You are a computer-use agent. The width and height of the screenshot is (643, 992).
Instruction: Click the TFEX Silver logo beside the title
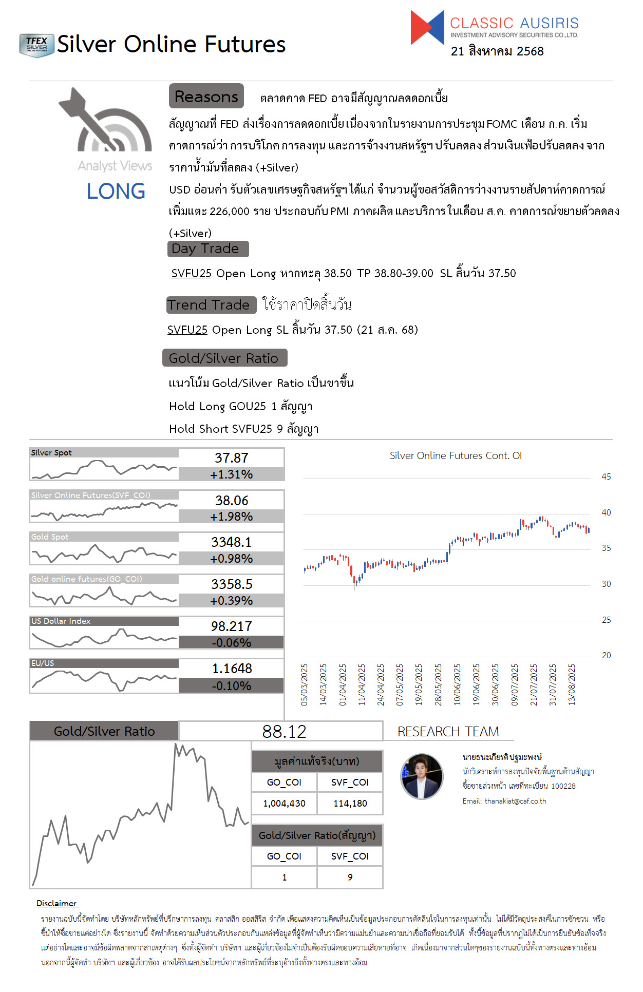36,45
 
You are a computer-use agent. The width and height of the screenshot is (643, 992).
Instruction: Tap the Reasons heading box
206,97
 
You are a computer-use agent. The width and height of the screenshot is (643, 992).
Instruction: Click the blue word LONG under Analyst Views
116,192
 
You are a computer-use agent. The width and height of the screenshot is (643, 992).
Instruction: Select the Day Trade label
207,249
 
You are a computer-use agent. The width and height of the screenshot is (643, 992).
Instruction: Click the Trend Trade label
211,305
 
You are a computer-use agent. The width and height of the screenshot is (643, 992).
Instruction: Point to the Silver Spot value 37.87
231,457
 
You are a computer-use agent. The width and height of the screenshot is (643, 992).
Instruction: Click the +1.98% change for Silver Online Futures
231,517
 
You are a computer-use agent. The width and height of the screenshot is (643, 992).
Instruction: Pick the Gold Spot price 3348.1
231,542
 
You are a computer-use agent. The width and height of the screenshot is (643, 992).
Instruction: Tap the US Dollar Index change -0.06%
231,643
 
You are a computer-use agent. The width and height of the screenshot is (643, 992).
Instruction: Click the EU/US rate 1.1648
232,669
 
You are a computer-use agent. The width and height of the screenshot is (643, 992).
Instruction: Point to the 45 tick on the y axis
606,477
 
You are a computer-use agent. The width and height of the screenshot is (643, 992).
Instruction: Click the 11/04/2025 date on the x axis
362,684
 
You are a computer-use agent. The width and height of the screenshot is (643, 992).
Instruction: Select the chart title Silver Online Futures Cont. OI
455,455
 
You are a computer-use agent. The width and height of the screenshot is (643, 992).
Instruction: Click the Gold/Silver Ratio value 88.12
284,732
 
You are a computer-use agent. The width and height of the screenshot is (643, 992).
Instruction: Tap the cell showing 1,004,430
284,804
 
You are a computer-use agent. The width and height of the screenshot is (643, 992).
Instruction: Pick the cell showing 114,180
350,804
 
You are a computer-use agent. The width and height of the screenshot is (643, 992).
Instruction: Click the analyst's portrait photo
422,777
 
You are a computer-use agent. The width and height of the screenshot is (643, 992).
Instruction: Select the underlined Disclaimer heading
56,903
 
